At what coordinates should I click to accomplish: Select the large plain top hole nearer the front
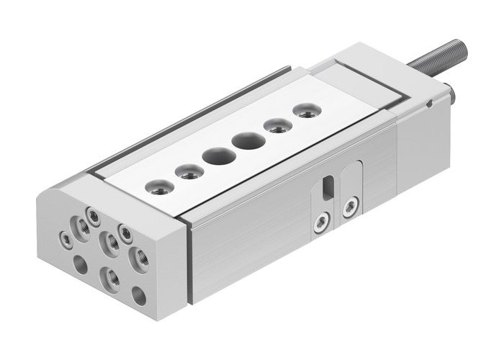pyautogui.click(x=215, y=155)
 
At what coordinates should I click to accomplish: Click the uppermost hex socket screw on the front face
pyautogui.click(x=93, y=214)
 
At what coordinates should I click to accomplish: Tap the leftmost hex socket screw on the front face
pyautogui.click(x=66, y=238)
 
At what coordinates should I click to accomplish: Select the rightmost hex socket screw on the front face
pyautogui.click(x=125, y=232)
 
